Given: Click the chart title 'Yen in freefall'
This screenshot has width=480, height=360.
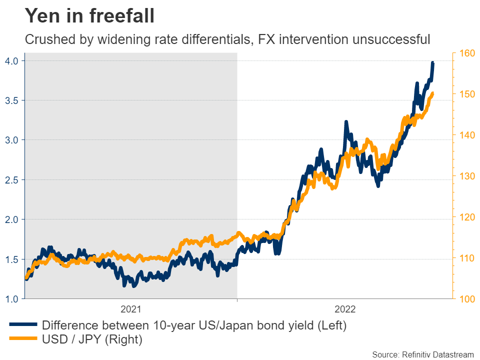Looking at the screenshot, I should tap(90, 16).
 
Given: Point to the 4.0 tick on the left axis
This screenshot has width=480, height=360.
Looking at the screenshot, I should tap(12, 61).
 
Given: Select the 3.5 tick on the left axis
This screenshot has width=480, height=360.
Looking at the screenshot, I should tap(12, 100).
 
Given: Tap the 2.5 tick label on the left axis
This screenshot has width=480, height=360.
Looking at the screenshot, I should tap(12, 180).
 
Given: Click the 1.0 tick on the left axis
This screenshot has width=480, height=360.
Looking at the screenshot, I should tap(12, 299).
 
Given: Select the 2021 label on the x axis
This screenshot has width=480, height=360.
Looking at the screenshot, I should tap(131, 309).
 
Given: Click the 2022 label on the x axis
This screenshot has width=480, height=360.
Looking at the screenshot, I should tap(344, 309).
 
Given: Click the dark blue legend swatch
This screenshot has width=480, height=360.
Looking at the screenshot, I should tap(22, 325).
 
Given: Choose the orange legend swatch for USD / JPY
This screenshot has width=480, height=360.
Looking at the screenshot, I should tap(22, 340).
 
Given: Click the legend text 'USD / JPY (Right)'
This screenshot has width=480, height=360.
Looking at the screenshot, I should tap(92, 340).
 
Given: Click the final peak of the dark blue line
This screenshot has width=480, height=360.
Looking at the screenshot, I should tap(432, 63).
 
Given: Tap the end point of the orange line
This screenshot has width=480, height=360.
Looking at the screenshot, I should tap(432, 93).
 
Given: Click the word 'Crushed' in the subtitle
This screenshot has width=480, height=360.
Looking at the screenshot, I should tap(45, 39).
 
